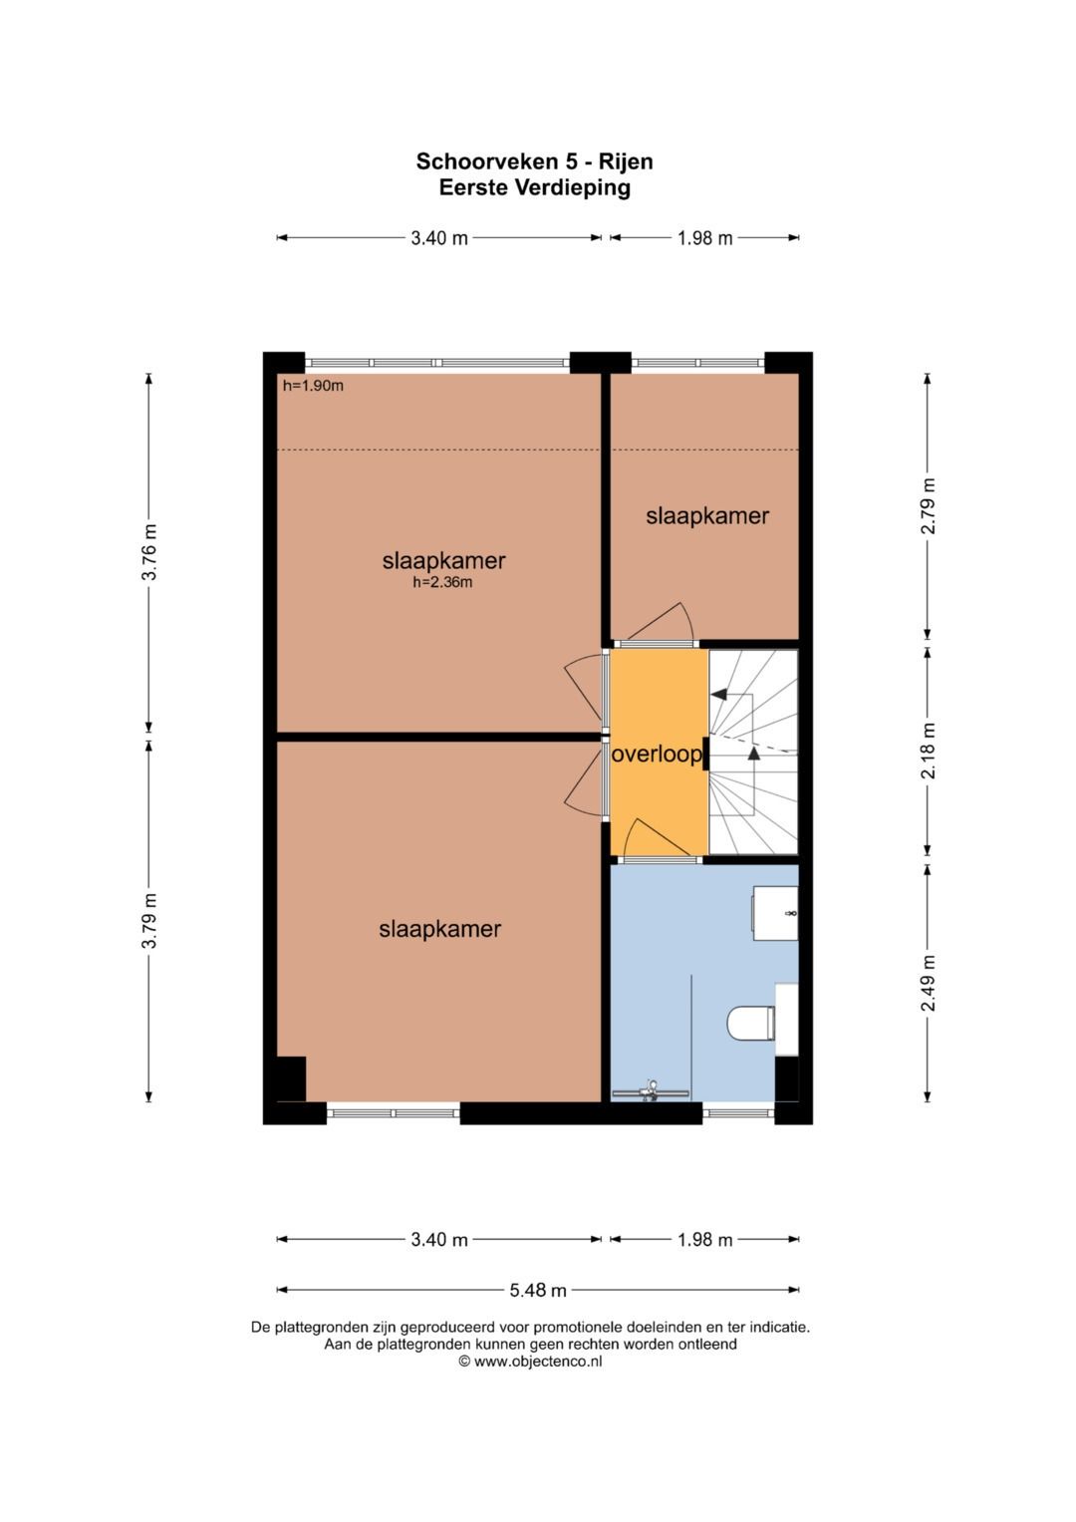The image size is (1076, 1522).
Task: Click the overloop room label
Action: pyautogui.click(x=657, y=755)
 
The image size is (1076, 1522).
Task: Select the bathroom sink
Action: pyautogui.click(x=774, y=913)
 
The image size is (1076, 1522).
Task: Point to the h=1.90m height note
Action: pyautogui.click(x=313, y=386)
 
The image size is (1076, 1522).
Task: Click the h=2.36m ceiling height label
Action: pyautogui.click(x=442, y=582)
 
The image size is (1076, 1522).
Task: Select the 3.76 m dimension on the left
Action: pyautogui.click(x=149, y=552)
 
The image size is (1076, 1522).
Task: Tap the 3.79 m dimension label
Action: pyautogui.click(x=149, y=921)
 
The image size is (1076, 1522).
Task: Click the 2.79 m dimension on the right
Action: pyautogui.click(x=928, y=506)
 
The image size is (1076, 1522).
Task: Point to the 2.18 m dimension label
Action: pyautogui.click(x=928, y=751)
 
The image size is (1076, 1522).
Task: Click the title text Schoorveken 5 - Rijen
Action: pyautogui.click(x=535, y=161)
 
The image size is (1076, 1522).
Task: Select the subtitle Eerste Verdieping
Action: pyautogui.click(x=535, y=186)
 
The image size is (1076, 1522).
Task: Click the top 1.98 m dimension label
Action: pyautogui.click(x=705, y=238)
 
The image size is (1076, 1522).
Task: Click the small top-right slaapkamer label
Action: pyautogui.click(x=707, y=516)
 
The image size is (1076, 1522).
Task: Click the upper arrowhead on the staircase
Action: pyautogui.click(x=718, y=695)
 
